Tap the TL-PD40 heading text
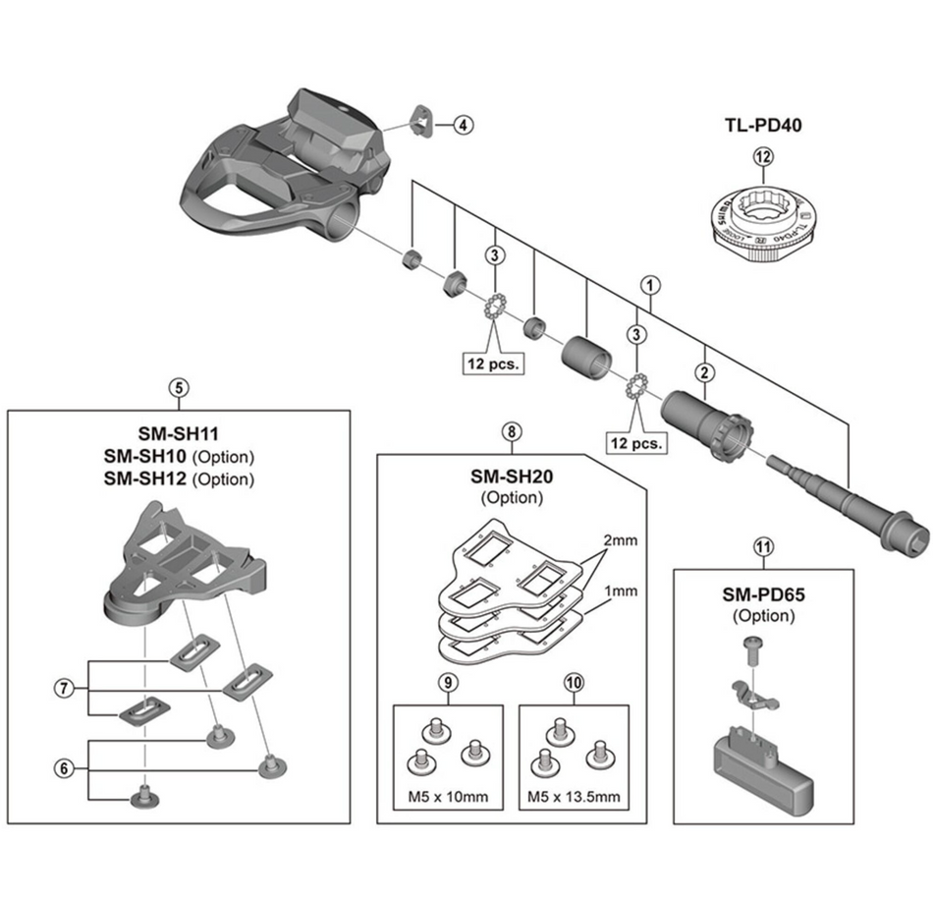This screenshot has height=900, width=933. [x=763, y=125]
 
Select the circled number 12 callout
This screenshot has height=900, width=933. [x=763, y=154]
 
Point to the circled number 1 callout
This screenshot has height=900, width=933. [x=649, y=284]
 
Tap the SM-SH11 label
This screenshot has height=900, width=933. [x=178, y=433]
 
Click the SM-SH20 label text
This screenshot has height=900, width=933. [x=511, y=477]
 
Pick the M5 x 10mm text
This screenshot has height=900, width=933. [x=447, y=795]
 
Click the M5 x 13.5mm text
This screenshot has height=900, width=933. [x=573, y=795]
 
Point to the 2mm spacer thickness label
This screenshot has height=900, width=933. [x=620, y=542]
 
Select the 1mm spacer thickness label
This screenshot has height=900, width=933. [x=620, y=591]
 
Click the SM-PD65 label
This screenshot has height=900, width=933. [x=763, y=594]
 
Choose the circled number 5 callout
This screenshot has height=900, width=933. [x=178, y=387]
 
